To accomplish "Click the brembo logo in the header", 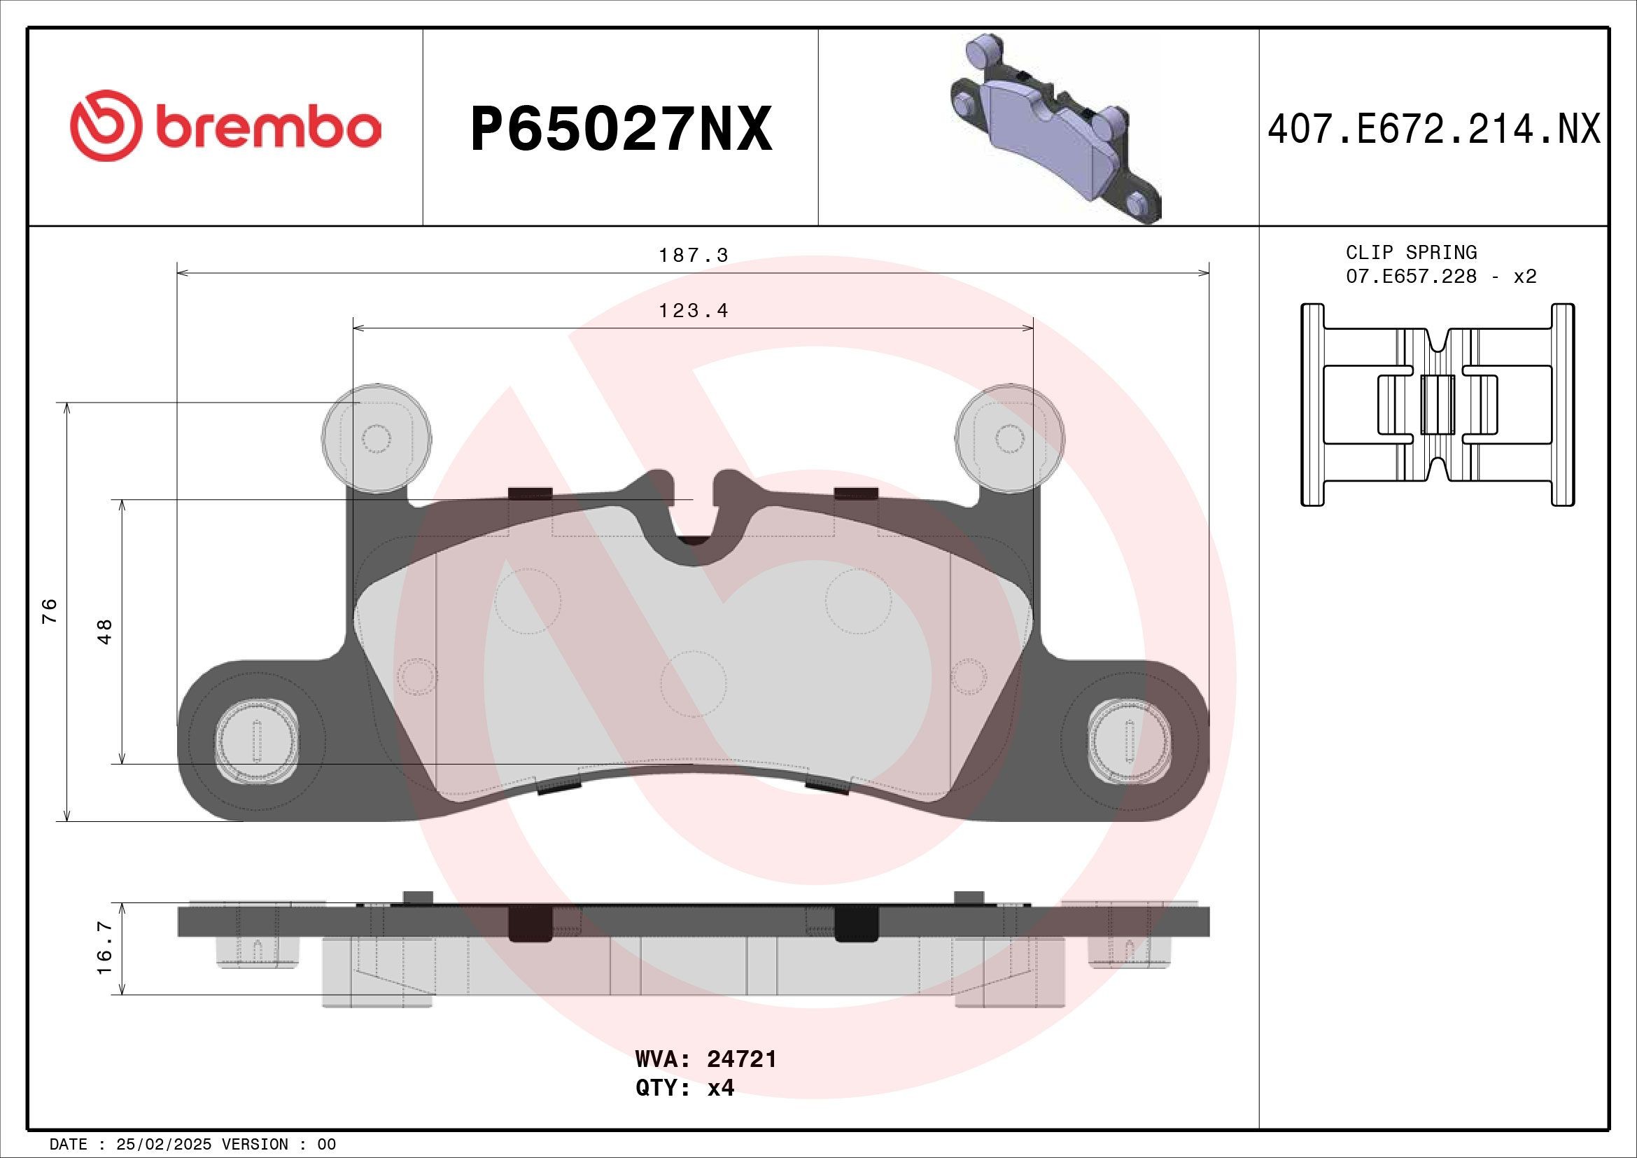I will click(x=225, y=126).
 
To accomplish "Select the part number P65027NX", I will click(x=621, y=129).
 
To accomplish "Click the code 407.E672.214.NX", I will click(x=1434, y=130).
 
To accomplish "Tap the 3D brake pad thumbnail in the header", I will click(x=1055, y=129).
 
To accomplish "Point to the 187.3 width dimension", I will click(x=693, y=256).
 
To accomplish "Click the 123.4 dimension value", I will click(x=693, y=311).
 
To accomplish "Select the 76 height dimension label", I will click(x=49, y=611).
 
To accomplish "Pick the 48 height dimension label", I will click(x=105, y=632).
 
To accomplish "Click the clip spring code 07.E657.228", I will click(x=1411, y=277).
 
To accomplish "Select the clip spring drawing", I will click(x=1438, y=405).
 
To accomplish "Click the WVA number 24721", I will click(x=741, y=1059).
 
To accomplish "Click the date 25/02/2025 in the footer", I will click(x=163, y=1145).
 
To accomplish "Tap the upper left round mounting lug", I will click(x=377, y=438).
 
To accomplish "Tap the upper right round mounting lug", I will click(x=1010, y=438).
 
